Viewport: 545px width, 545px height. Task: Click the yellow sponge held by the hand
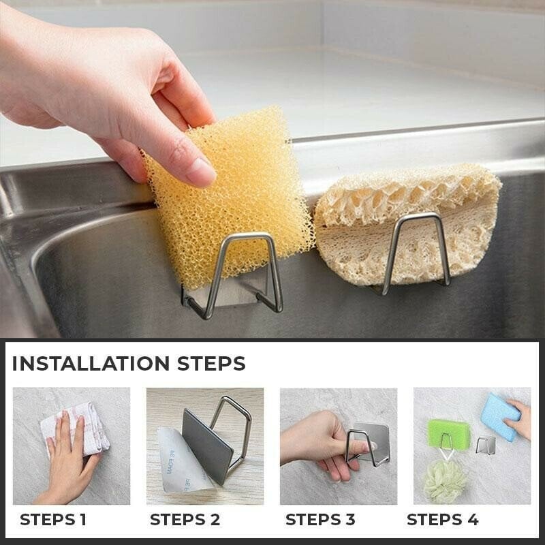click(235, 204)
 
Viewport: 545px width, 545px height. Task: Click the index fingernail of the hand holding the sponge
click(200, 173)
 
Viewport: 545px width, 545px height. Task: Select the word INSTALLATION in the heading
click(89, 363)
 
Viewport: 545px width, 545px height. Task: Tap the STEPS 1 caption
click(53, 519)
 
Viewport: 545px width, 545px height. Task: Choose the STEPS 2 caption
click(185, 519)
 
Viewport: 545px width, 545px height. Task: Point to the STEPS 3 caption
click(320, 519)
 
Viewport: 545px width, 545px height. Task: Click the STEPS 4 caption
click(443, 519)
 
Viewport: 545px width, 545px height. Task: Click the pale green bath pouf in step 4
click(442, 481)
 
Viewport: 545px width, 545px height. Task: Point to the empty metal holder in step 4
click(486, 445)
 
